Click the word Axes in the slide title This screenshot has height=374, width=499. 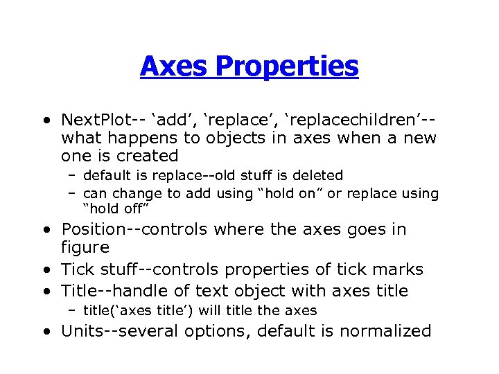174,66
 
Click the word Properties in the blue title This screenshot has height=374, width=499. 286,67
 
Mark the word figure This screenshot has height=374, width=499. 85,247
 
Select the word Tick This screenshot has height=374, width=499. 76,269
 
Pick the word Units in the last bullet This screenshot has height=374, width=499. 82,331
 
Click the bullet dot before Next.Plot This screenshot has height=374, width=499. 45,120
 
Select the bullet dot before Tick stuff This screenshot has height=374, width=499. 45,270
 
